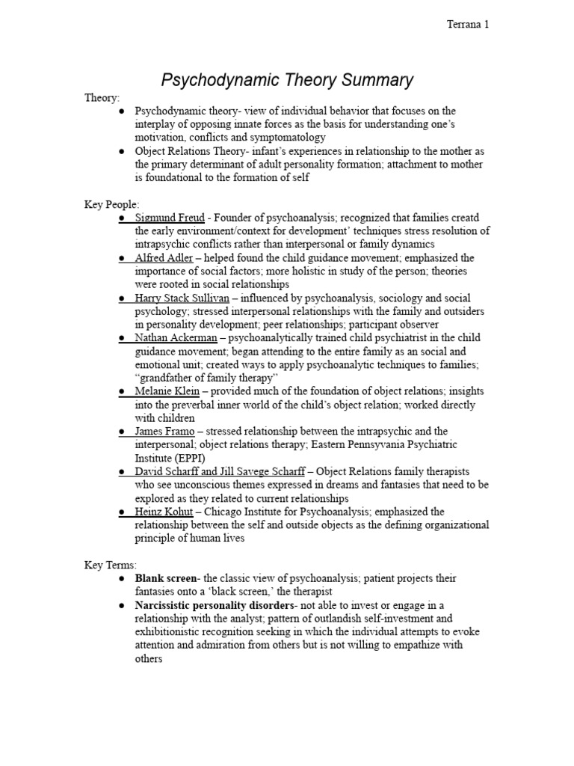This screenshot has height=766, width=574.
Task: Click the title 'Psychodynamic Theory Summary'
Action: pyautogui.click(x=288, y=79)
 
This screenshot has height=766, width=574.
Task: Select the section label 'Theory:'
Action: pyautogui.click(x=101, y=97)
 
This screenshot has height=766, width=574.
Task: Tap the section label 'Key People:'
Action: pyautogui.click(x=111, y=204)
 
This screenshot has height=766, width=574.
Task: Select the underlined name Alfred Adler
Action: pyautogui.click(x=164, y=258)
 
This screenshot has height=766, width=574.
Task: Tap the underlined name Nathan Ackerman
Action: pyautogui.click(x=176, y=338)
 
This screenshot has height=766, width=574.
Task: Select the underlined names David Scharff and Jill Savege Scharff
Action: pyautogui.click(x=220, y=471)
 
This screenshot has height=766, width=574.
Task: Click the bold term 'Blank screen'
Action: pyautogui.click(x=165, y=579)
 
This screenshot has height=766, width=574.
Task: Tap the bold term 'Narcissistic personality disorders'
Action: pyautogui.click(x=215, y=605)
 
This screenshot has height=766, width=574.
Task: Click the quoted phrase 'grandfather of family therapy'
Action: pyautogui.click(x=206, y=378)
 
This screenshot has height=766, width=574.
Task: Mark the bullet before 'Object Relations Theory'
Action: pyautogui.click(x=122, y=150)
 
